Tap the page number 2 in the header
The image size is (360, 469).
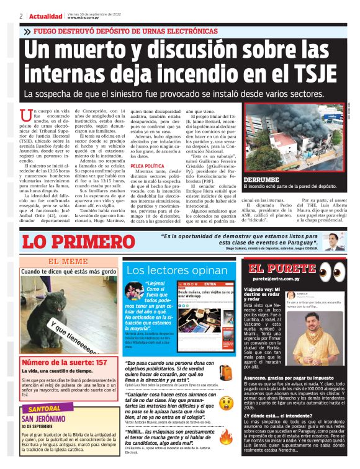(x=21, y=16)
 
